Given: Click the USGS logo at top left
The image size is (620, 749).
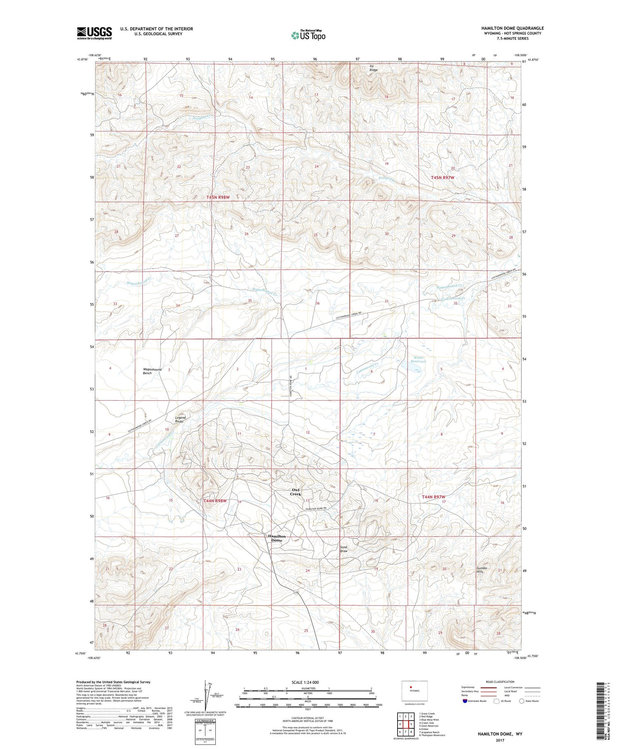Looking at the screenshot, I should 94,33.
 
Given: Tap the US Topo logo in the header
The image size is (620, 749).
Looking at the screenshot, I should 308,35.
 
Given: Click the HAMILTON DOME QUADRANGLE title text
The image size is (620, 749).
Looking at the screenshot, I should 512,28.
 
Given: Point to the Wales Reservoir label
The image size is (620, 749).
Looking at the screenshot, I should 418,359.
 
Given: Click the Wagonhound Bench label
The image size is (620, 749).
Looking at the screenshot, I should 152,371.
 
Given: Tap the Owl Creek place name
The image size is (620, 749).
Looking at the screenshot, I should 295,492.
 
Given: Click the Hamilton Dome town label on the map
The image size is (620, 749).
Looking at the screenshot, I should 277,538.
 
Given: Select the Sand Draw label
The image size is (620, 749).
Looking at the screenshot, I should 343,549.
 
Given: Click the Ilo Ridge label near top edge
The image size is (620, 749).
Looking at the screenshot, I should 373,68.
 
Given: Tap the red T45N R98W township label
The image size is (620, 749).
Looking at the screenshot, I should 218,197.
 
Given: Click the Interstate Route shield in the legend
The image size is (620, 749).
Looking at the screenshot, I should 465,701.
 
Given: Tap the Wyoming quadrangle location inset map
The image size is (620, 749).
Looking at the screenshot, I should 415,691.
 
